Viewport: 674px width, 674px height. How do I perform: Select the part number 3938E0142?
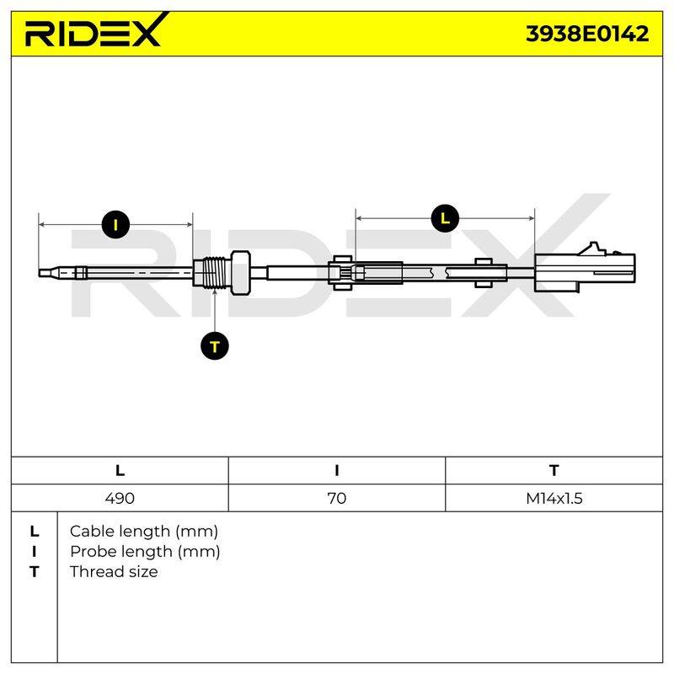pos(587,34)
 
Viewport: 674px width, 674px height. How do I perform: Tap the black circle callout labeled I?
pos(115,224)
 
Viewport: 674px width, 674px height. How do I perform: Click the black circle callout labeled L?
pos(445,218)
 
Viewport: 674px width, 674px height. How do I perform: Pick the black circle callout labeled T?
pos(215,346)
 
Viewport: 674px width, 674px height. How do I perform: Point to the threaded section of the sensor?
pos(215,273)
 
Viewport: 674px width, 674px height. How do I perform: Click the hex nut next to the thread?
pos(241,272)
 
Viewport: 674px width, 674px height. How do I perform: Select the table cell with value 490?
pos(120,498)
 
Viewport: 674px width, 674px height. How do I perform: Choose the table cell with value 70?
pos(336,498)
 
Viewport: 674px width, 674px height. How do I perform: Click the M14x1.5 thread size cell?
pos(554,498)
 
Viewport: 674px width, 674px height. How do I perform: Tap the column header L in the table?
pos(120,471)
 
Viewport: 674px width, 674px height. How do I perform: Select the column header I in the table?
pos(336,471)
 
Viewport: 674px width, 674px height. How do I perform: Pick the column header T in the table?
pos(554,471)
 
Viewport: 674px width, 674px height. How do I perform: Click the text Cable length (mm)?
pos(144,532)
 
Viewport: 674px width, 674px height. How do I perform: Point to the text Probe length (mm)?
pos(145,552)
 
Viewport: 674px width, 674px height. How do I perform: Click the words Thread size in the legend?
pos(114,572)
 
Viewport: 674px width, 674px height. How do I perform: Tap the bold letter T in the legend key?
pos(35,572)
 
